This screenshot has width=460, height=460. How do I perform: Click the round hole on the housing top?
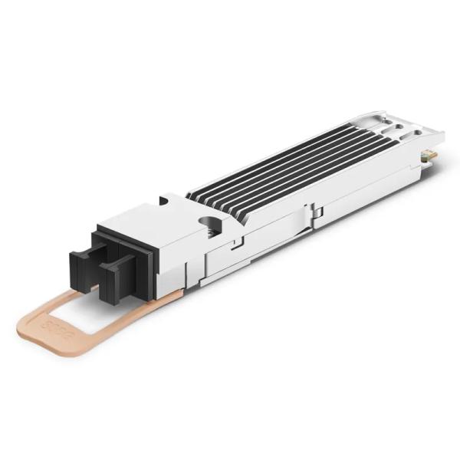pos(209,224)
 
